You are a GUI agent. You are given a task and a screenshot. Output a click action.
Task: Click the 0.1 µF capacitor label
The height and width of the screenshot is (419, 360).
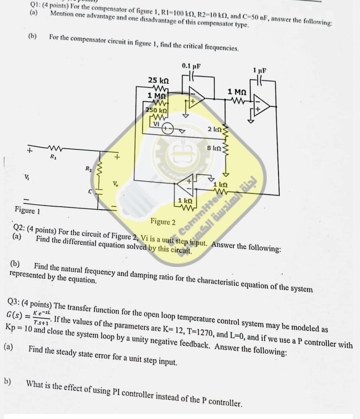pyautogui.click(x=191, y=66)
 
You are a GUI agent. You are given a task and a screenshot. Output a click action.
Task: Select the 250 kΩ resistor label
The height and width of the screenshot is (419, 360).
pyautogui.click(x=156, y=110)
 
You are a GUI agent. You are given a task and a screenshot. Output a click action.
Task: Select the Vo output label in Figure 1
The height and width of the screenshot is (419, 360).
pyautogui.click(x=115, y=184)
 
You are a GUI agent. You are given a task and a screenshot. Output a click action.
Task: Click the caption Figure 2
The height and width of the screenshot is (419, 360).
pyautogui.click(x=163, y=222)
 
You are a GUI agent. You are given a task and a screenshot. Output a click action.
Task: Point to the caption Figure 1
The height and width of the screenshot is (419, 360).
pyautogui.click(x=27, y=210)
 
